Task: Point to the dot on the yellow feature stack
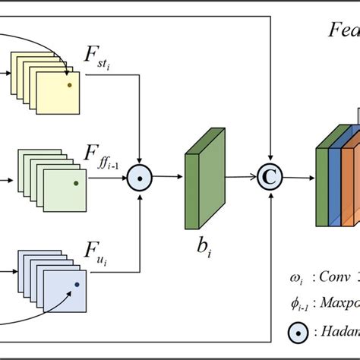[70, 85]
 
